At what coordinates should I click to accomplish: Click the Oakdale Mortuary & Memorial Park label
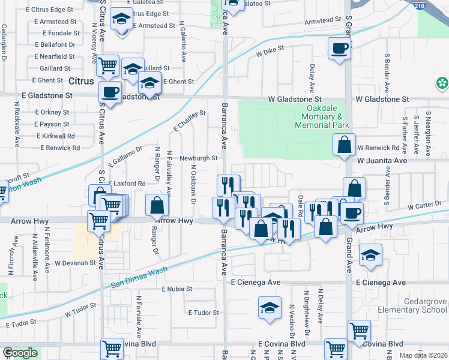tap(322, 116)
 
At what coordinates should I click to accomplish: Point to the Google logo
tap(20, 353)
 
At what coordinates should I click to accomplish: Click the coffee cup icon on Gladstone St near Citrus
tap(109, 92)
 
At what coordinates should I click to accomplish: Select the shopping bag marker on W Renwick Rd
tap(344, 145)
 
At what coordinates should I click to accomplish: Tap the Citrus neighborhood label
tap(81, 81)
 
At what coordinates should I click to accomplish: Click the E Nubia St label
tap(177, 289)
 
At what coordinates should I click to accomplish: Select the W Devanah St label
tap(75, 263)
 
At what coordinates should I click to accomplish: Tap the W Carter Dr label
tap(424, 207)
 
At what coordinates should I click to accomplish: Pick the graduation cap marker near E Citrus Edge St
tap(122, 20)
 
